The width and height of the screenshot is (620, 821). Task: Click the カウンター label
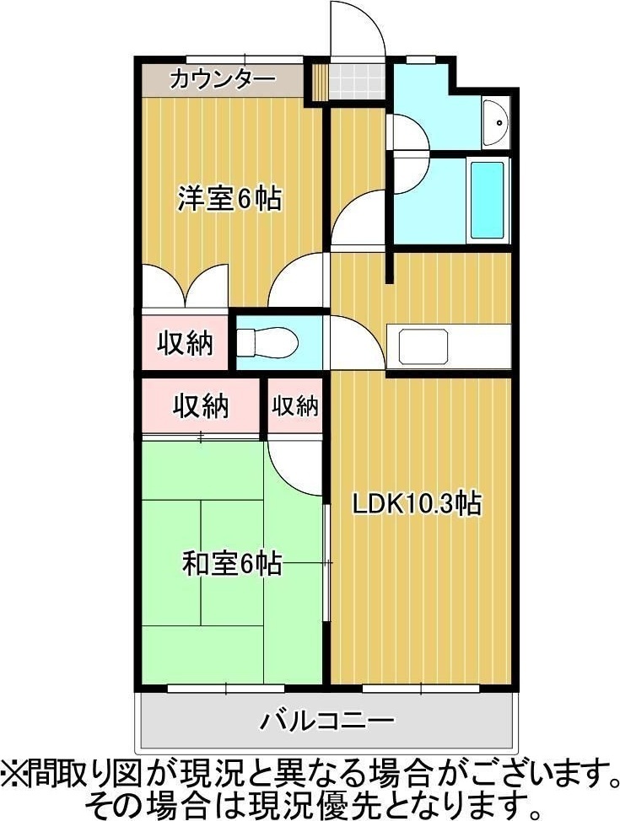click(223, 79)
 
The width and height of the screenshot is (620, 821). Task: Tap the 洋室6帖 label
click(229, 198)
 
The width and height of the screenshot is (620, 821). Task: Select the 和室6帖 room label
click(232, 563)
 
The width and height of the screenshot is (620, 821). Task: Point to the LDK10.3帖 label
click(417, 504)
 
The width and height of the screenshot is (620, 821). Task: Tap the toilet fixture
click(267, 343)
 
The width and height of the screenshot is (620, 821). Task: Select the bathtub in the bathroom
click(488, 200)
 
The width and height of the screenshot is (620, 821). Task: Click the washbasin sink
click(495, 122)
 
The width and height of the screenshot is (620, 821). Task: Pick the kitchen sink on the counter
click(423, 346)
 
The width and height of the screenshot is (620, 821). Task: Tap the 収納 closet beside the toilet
click(186, 343)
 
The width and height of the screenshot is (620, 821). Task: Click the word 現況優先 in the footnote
click(325, 800)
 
